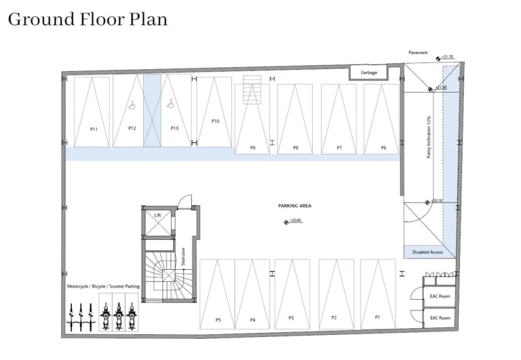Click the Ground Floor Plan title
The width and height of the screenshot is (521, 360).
88,19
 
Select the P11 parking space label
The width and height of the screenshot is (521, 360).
94,129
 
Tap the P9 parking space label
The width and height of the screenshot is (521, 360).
252,147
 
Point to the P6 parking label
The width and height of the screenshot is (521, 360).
383,147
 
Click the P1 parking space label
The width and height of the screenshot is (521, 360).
378,317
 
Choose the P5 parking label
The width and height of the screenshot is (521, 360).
218,319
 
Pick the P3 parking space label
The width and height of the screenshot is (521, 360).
291,317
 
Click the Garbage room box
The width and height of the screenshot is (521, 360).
368,73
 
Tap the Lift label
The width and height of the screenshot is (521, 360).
157,215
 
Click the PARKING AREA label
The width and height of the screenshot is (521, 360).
294,205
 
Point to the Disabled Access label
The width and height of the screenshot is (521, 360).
427,252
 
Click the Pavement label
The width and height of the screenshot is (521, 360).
418,52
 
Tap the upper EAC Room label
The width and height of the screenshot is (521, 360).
440,296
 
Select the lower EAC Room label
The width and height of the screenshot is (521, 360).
440,317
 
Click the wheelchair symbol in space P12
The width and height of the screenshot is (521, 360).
133,104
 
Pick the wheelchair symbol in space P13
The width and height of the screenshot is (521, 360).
171,104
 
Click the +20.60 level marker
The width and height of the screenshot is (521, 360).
293,221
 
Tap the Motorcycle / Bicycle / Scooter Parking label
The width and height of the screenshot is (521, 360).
103,287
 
